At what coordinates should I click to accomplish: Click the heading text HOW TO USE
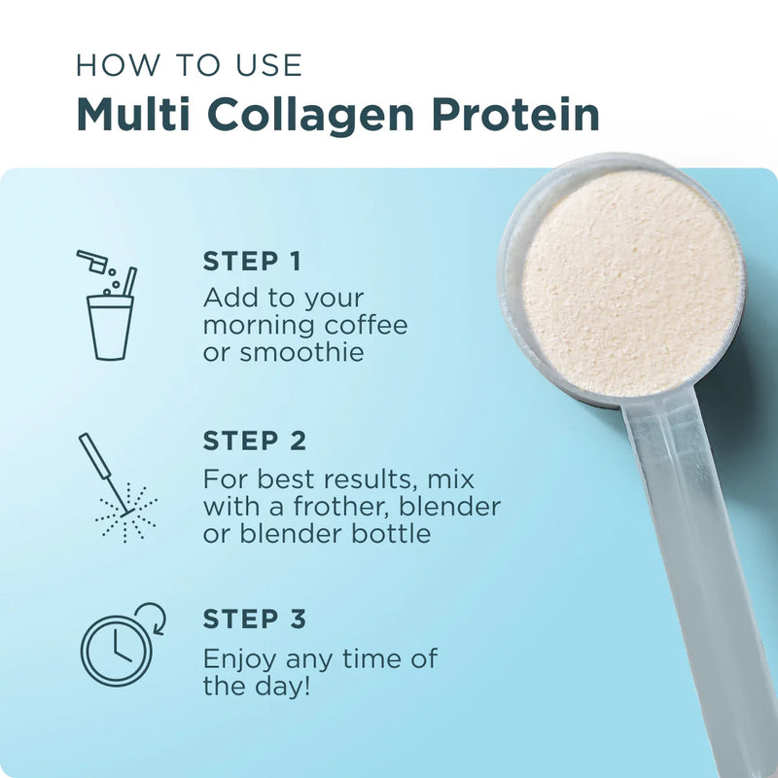tap(190, 65)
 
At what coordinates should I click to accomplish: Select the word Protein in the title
tap(516, 115)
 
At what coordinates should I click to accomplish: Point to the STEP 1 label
tap(252, 262)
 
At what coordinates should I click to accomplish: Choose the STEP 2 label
tap(254, 441)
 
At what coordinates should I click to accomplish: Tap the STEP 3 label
tap(254, 619)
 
